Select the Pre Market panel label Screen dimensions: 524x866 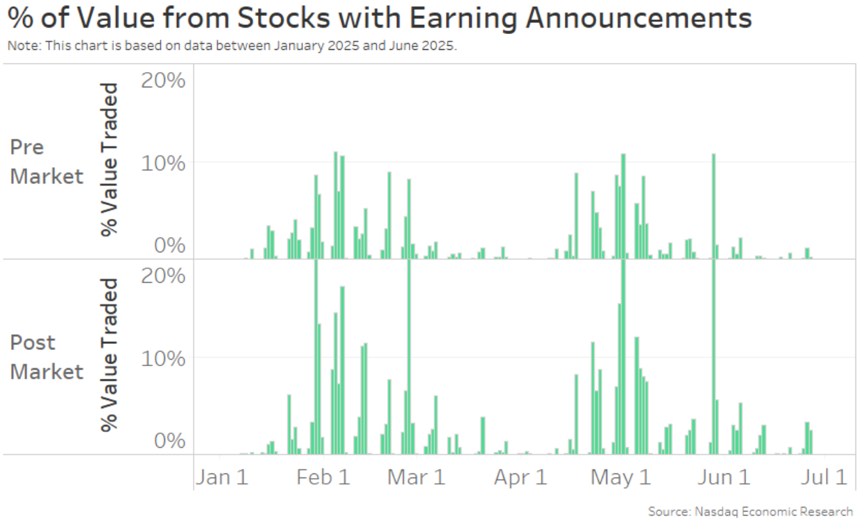(46, 161)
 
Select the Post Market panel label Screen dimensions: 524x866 (46, 357)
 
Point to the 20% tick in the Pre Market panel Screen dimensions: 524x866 (163, 80)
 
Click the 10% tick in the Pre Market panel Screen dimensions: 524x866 (163, 164)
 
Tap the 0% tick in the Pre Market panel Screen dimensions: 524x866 (169, 246)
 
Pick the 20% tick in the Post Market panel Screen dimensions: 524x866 (163, 276)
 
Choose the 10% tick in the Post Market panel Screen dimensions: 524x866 (163, 359)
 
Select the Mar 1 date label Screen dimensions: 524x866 (416, 478)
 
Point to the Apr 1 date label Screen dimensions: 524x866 (521, 478)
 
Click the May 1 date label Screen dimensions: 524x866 (621, 478)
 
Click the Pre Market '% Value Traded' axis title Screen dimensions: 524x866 (110, 159)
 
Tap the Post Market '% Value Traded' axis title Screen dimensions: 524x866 (110, 355)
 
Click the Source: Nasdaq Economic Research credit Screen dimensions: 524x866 (751, 512)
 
